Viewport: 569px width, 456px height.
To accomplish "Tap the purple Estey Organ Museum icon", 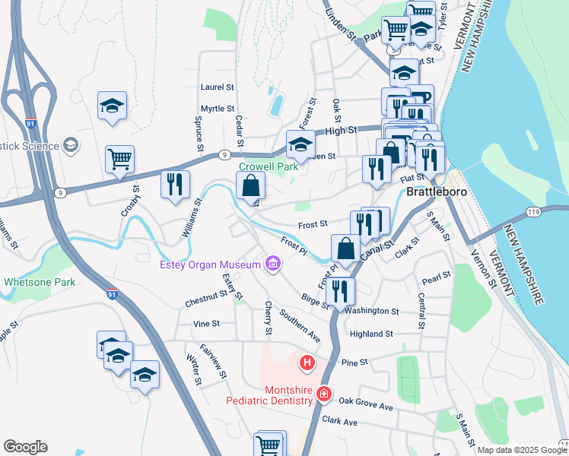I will point(272,264).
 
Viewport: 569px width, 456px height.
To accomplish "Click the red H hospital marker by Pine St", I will point(307,363).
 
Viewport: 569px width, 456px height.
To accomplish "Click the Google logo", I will point(25,447).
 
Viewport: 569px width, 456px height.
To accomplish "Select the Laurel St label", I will point(217,87).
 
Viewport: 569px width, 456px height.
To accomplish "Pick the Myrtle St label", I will point(218,109).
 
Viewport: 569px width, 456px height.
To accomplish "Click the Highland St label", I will point(371,334).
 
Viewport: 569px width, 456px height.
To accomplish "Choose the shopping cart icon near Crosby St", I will point(120,160).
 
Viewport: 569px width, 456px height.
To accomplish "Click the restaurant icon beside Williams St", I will point(175,185).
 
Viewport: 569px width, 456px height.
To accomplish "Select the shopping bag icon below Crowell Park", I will point(251,185).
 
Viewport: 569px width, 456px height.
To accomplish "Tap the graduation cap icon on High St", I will point(300,144).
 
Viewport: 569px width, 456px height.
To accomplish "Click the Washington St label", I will point(372,311).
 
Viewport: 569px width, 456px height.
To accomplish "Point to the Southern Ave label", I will point(299,325).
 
